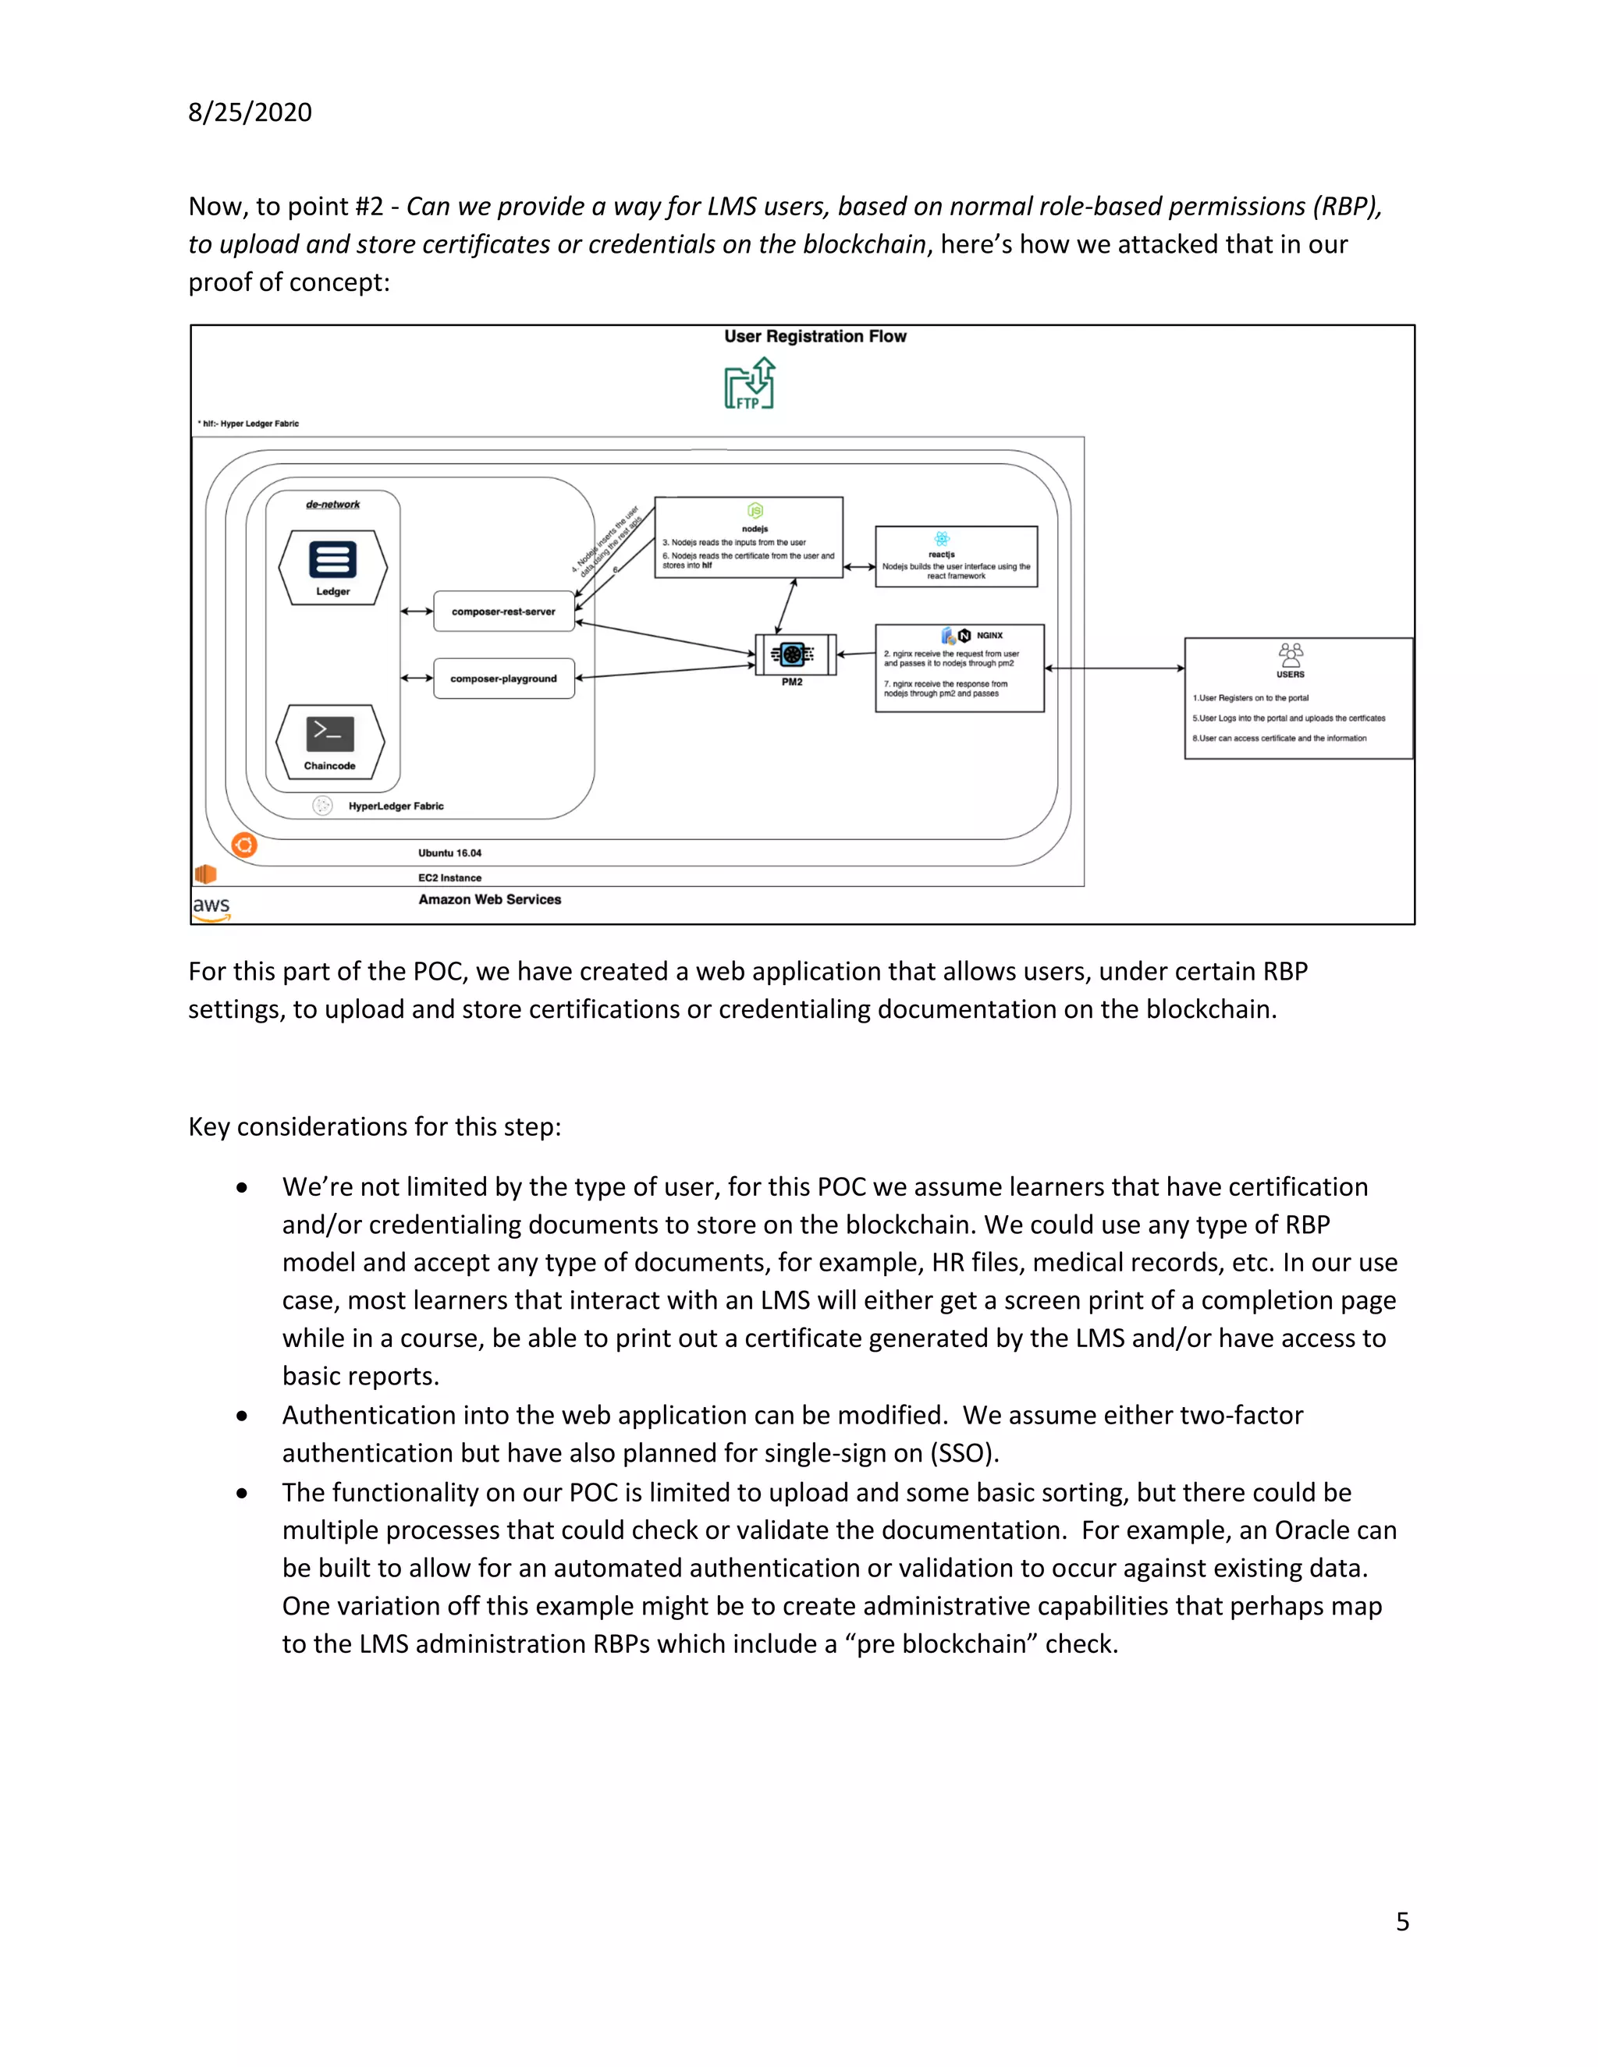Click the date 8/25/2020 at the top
coord(250,112)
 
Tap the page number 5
coord(1402,1920)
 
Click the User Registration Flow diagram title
coord(815,336)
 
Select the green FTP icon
coord(750,385)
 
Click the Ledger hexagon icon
coord(332,566)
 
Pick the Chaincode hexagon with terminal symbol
coord(329,740)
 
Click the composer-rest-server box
coord(503,612)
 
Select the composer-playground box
coord(503,679)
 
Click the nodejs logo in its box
coord(755,511)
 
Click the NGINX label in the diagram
coord(989,635)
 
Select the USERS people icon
coord(1291,655)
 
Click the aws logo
coord(211,906)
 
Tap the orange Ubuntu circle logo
coord(244,846)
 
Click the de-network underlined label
coord(332,505)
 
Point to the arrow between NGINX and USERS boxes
coord(1114,668)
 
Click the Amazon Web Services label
coord(489,899)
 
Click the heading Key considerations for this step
coord(375,1126)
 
